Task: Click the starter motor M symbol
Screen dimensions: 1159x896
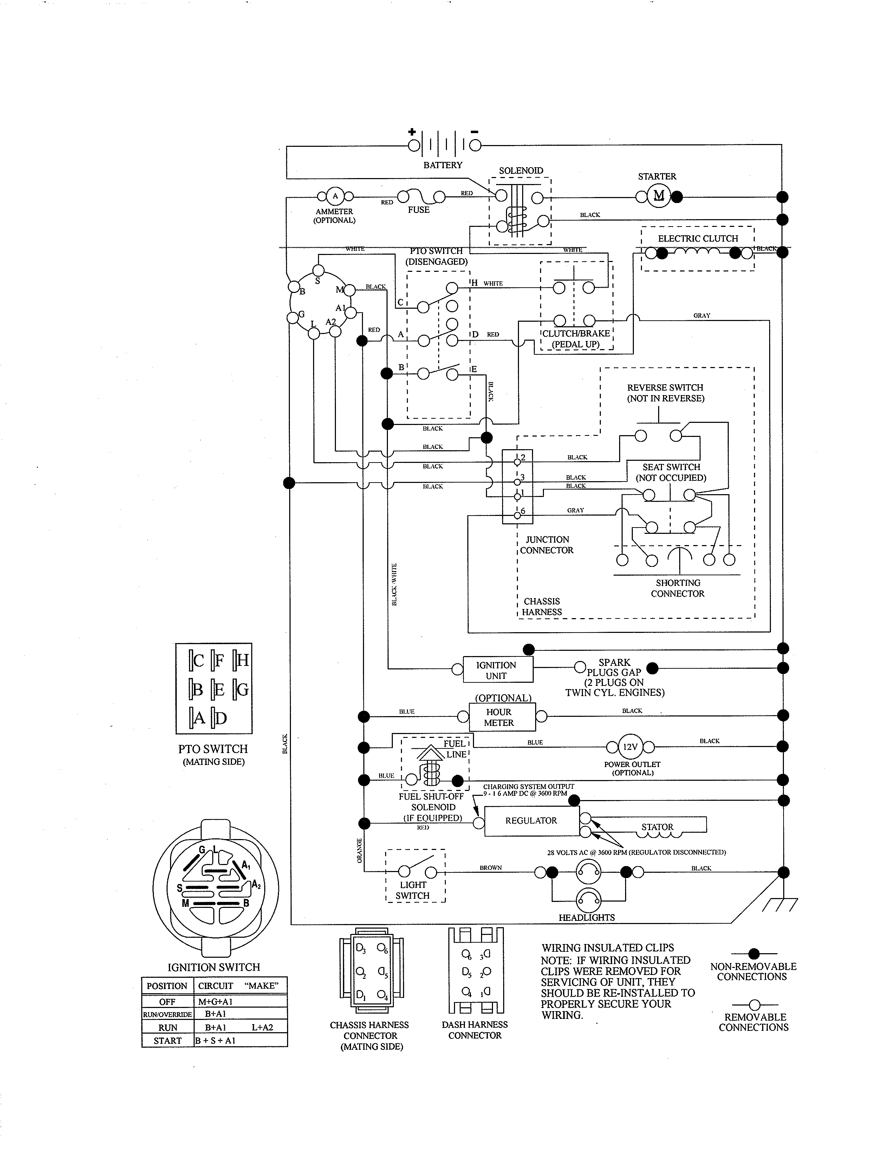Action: point(658,196)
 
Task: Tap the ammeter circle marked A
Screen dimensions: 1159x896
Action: point(335,196)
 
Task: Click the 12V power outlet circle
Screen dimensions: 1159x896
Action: point(630,747)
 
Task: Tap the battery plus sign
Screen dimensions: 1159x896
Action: point(412,132)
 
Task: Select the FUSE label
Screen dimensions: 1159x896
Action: point(418,210)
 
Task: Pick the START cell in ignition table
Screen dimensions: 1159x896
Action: point(167,1041)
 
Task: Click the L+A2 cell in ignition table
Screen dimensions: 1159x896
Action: point(262,1027)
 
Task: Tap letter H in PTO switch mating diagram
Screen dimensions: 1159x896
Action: point(242,660)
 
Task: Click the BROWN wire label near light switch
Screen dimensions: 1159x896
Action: point(491,867)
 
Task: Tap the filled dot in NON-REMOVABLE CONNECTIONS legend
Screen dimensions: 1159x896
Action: point(754,954)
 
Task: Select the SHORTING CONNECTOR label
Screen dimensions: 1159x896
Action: point(678,588)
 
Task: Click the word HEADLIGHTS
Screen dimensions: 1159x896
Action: point(586,917)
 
